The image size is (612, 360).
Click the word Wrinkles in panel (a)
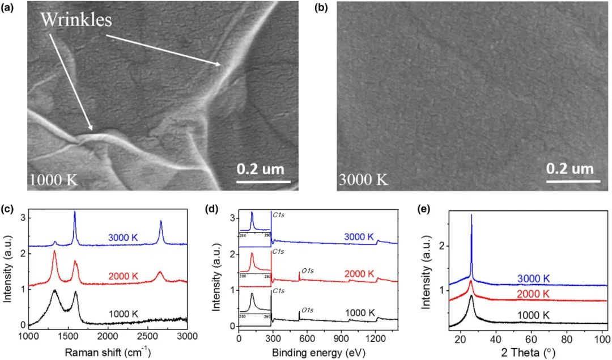pos(75,20)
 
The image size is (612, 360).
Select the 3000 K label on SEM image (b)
pos(363,180)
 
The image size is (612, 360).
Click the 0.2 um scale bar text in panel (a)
pos(260,168)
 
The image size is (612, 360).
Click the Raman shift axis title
pos(107,351)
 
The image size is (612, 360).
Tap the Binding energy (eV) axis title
pos(320,351)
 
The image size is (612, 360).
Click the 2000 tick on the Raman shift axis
pos(107,336)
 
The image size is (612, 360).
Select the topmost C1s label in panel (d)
pos(278,215)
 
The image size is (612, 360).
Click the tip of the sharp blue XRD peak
pos(471,215)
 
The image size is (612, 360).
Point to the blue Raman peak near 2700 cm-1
pos(161,222)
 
